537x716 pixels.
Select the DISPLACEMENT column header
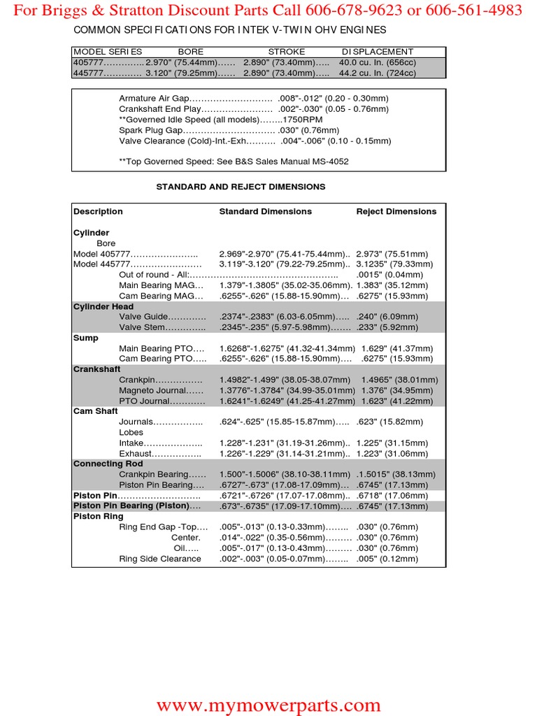pos(377,52)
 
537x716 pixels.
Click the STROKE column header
pos(287,52)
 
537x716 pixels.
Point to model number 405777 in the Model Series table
pos(88,62)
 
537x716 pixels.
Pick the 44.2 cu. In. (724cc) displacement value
pos(377,73)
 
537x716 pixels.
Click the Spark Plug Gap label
pos(151,130)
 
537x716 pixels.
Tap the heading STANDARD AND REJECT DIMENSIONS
pos(241,187)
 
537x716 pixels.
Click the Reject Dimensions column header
pos(396,211)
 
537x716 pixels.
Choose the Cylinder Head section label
pos(103,306)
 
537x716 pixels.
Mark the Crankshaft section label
pos(97,369)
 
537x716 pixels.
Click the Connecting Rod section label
pos(108,464)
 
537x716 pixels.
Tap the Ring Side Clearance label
pos(160,559)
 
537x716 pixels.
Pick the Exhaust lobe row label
pos(136,454)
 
